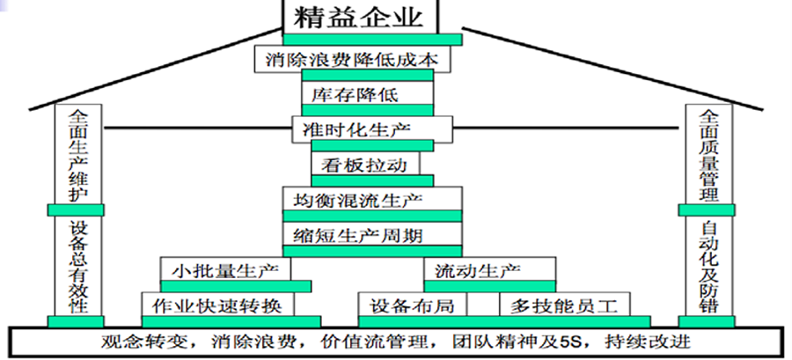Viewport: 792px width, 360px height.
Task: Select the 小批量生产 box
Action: click(x=225, y=269)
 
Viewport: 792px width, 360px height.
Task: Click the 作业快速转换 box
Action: click(x=217, y=305)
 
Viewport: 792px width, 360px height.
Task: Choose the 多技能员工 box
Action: click(x=560, y=305)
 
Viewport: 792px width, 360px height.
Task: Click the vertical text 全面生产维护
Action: click(x=77, y=155)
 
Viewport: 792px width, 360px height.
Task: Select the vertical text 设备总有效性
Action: click(x=77, y=266)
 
